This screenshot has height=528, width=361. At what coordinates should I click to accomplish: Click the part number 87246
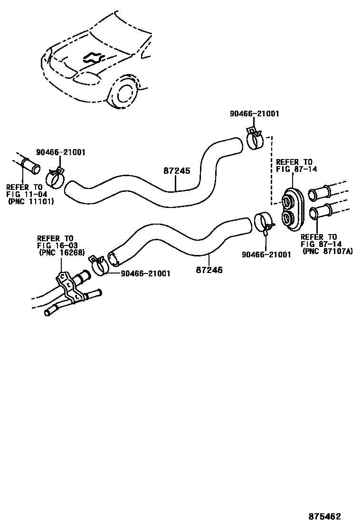(209, 270)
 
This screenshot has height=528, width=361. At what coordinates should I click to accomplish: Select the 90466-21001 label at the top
(254, 114)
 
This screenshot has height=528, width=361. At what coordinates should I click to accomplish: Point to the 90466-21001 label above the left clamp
(61, 152)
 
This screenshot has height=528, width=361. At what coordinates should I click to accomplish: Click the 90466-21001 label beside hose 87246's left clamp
(145, 273)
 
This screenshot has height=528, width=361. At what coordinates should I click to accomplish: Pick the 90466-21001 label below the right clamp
(266, 255)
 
